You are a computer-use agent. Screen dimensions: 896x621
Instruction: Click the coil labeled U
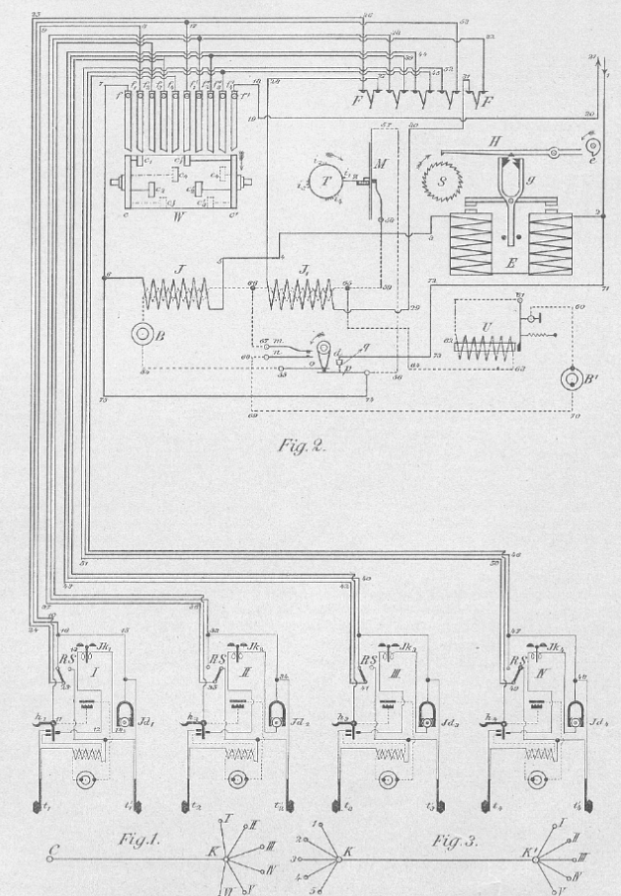484,345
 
